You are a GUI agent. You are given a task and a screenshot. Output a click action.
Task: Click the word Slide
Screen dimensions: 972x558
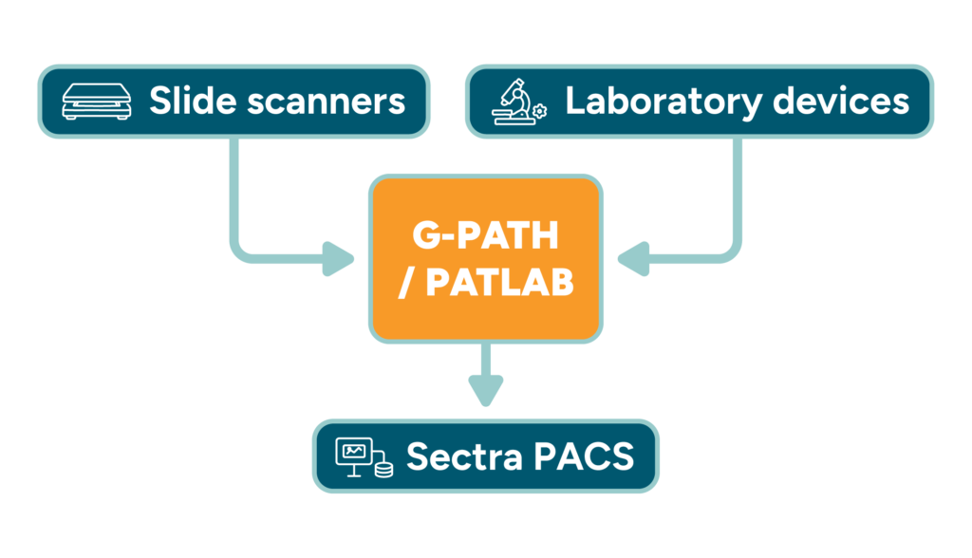(x=193, y=101)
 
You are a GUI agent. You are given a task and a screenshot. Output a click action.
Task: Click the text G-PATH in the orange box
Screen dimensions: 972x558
(x=485, y=235)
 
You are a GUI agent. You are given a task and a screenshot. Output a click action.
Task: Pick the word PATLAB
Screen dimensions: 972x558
(x=499, y=283)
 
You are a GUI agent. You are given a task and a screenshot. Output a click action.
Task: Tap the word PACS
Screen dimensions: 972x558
(x=584, y=457)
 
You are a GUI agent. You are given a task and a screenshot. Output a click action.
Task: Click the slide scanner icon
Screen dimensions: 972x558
(x=97, y=102)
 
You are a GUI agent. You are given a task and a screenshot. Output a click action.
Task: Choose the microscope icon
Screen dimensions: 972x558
(x=514, y=102)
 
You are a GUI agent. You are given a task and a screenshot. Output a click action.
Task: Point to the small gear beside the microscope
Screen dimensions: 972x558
(x=540, y=111)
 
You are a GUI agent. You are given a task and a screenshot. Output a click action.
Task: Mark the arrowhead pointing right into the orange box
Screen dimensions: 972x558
(x=338, y=258)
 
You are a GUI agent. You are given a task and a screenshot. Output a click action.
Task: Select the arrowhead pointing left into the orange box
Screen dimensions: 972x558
(x=633, y=258)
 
